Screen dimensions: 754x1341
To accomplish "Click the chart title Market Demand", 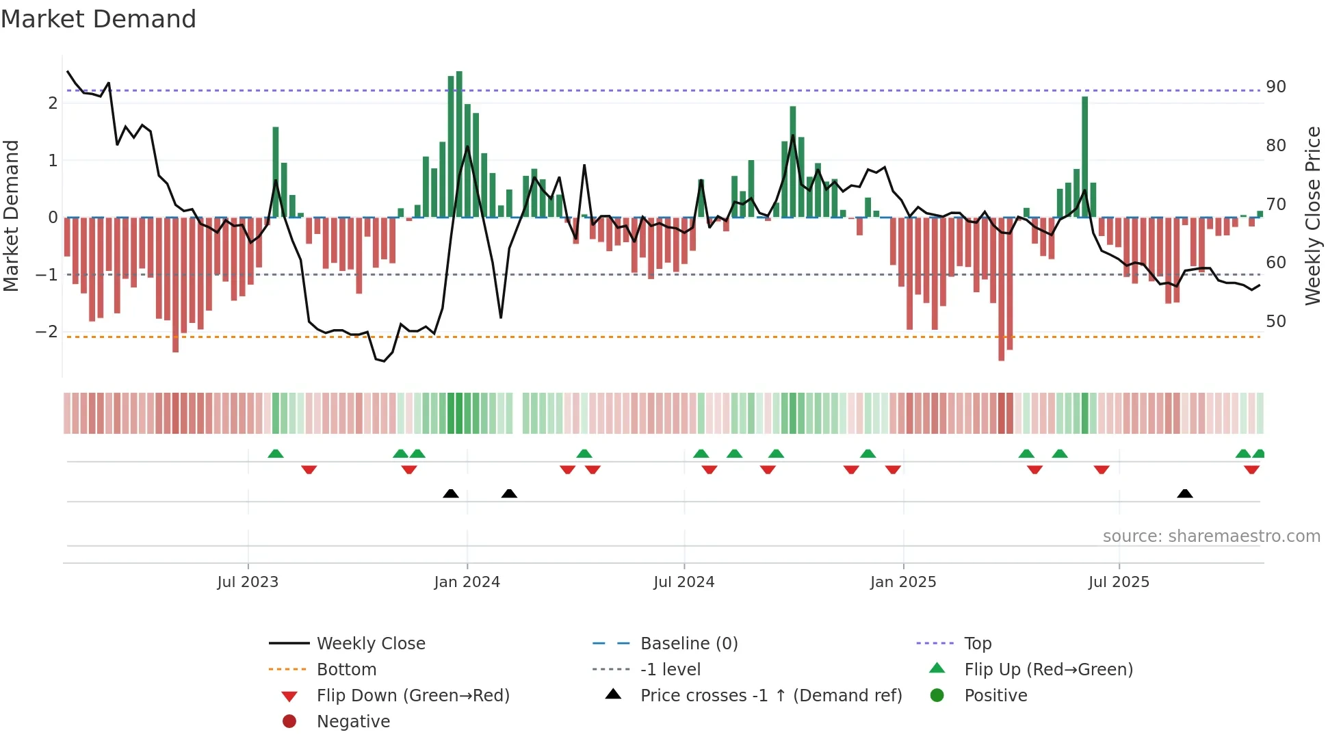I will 99,19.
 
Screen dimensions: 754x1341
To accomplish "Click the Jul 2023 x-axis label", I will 248,582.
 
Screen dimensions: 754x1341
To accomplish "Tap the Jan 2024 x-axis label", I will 467,582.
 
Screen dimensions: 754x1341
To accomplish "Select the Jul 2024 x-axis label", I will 683,582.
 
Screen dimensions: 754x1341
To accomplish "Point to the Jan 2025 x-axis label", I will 902,582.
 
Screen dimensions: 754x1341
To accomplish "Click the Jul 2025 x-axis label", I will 1119,582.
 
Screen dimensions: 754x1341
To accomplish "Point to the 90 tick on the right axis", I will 1275,87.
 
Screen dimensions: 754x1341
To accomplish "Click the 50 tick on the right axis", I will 1275,322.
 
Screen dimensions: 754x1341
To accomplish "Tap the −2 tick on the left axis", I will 47,332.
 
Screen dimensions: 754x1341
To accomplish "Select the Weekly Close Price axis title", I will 1312,216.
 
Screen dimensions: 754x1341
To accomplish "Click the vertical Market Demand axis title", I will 11,216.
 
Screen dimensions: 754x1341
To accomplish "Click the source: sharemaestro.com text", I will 1211,536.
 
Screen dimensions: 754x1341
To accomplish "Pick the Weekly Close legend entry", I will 370,644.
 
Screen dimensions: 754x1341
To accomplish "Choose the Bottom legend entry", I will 346,670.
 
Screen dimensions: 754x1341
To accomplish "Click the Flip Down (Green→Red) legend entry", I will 413,696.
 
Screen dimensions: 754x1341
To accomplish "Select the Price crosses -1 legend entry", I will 770,696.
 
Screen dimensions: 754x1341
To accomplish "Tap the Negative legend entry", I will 353,722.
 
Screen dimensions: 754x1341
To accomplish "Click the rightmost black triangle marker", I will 1184,493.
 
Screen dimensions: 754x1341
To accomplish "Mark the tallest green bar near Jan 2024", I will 459,144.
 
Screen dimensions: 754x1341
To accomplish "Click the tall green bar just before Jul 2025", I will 1084,157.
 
